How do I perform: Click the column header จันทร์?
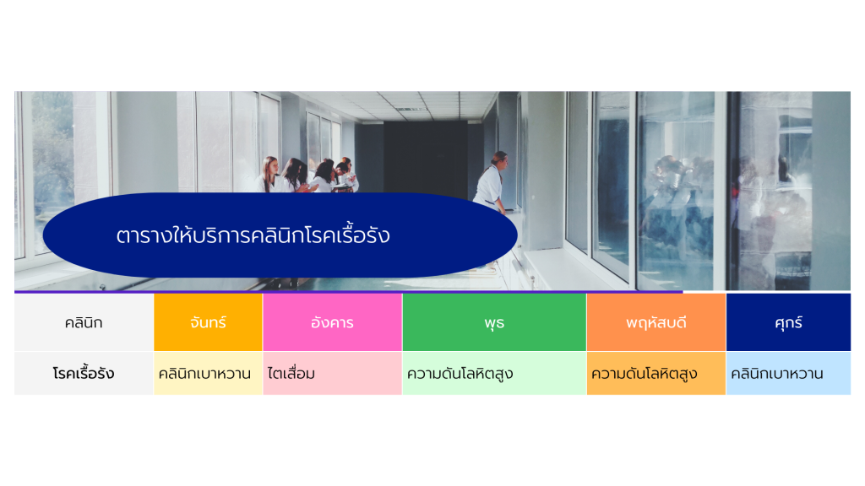coord(208,322)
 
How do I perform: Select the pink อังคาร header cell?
coord(332,322)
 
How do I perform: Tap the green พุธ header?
coord(494,322)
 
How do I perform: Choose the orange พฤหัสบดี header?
coord(656,322)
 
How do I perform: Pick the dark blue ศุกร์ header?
coord(788,322)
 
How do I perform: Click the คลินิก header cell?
coord(84,322)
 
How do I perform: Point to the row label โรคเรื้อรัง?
coord(84,374)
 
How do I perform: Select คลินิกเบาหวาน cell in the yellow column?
coord(204,374)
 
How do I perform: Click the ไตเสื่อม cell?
coord(291,374)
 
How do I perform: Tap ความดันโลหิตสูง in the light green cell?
coord(460,374)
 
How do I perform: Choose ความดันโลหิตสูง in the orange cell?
coord(645,374)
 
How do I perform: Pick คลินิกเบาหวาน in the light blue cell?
coord(777,374)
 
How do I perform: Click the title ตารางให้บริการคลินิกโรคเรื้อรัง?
coord(253,235)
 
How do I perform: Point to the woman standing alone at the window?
coord(491,183)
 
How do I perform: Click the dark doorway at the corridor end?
coord(426,157)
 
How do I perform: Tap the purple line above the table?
coord(349,291)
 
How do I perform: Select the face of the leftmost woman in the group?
coord(271,165)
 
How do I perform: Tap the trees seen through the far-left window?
coord(52,159)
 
